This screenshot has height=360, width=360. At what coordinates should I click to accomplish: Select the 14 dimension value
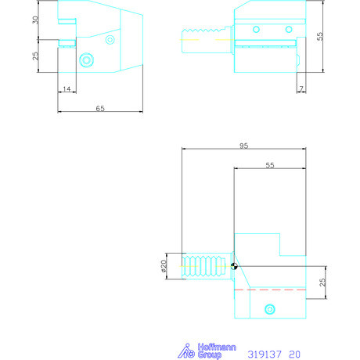67,90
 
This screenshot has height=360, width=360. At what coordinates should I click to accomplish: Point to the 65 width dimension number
100,109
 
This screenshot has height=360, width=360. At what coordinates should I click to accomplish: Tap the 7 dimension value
301,90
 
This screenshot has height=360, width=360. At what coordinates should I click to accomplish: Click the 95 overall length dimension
243,146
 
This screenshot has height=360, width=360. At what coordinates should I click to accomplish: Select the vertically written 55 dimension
319,36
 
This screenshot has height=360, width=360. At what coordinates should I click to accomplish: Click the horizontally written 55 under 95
270,166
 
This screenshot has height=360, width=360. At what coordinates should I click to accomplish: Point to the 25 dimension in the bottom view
322,282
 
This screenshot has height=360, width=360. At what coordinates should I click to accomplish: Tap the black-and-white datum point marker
234,266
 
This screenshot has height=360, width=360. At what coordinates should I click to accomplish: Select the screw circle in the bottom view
271,308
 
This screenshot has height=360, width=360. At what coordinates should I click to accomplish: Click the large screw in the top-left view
87,59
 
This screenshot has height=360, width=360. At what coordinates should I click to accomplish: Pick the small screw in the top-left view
110,39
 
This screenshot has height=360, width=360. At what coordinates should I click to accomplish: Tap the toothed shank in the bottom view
205,266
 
